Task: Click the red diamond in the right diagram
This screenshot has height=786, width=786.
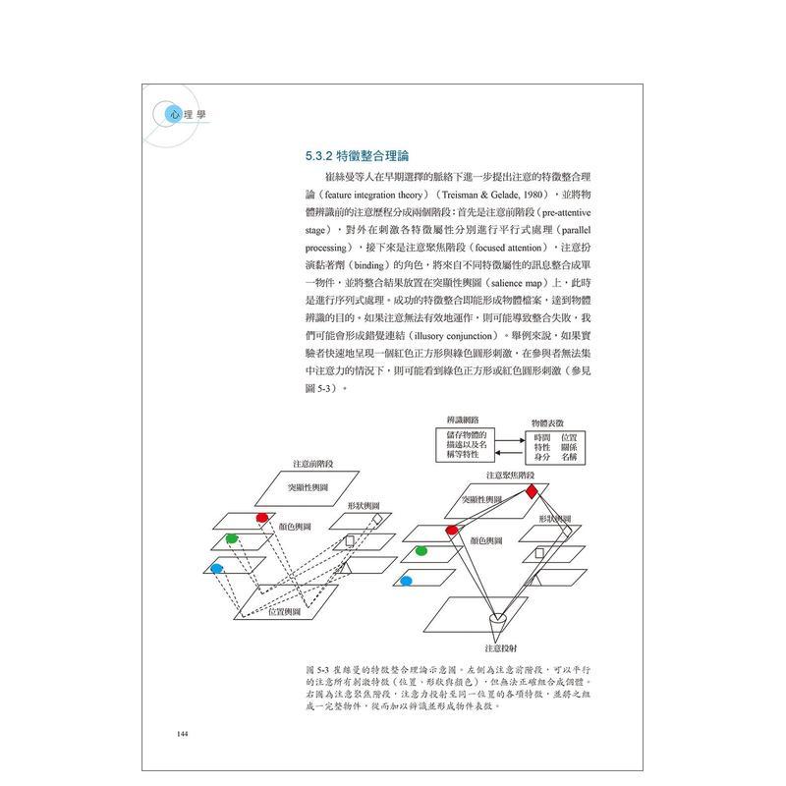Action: pos(532,490)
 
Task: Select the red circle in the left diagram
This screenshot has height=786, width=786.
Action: pos(262,517)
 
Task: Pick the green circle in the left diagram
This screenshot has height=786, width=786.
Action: pos(232,538)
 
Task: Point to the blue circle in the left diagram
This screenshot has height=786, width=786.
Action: pos(216,568)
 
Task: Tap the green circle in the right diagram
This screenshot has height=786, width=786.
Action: pos(421,551)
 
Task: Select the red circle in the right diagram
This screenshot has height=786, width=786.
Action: pos(452,531)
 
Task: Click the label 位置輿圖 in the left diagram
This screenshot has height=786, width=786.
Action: pos(285,610)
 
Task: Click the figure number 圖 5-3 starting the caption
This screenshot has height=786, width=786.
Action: pos(322,667)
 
